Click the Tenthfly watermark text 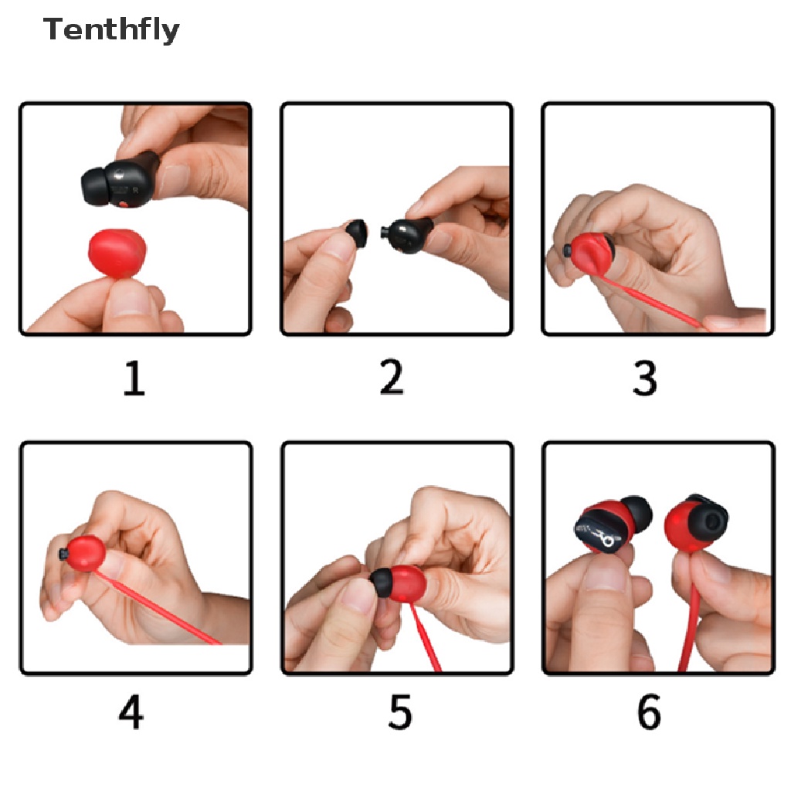[111, 30]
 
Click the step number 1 [134, 379]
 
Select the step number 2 [392, 377]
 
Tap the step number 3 [644, 378]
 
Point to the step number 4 [131, 712]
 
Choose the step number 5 [400, 712]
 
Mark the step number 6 [649, 712]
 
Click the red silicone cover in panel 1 [117, 253]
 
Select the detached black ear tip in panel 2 [356, 233]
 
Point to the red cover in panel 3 [590, 253]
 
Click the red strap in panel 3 [650, 300]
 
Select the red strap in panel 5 [426, 637]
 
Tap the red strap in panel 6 [689, 630]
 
